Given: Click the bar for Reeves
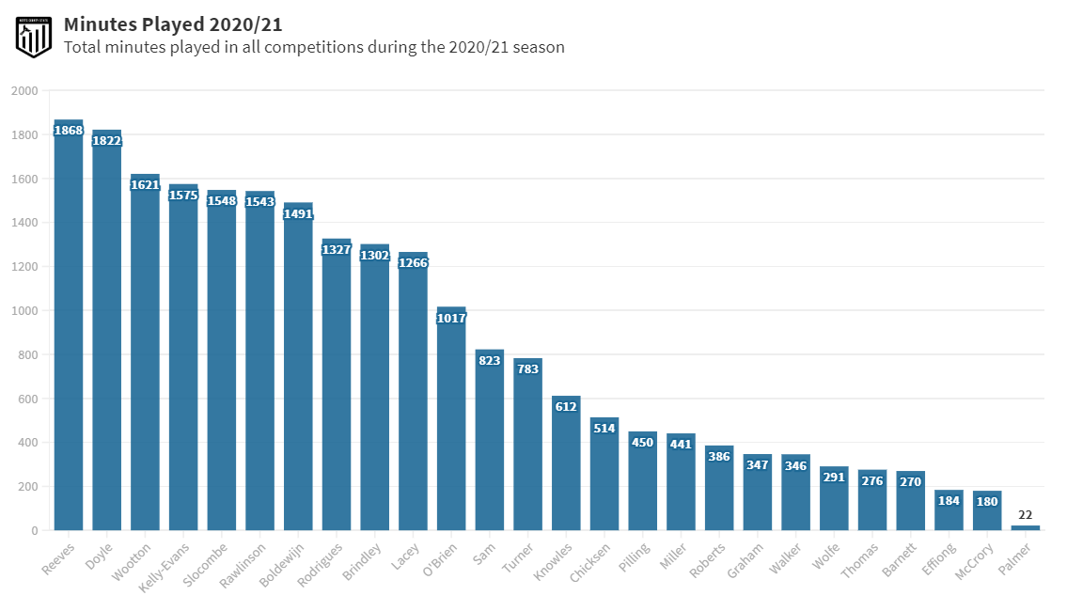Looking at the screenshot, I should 69,329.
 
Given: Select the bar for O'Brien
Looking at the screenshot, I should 451,423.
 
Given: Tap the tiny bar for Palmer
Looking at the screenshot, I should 1026,527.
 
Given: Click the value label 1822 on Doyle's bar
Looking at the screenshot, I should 106,141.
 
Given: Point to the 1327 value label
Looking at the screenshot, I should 337,250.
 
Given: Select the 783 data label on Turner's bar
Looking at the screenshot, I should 527,369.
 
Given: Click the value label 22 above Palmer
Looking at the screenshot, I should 1026,515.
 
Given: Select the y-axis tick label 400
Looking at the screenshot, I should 27,443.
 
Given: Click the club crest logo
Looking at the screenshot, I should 33,35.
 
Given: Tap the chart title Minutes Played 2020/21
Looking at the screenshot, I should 173,23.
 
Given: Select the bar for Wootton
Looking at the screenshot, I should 145,357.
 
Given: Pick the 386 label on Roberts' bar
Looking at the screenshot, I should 719,457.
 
